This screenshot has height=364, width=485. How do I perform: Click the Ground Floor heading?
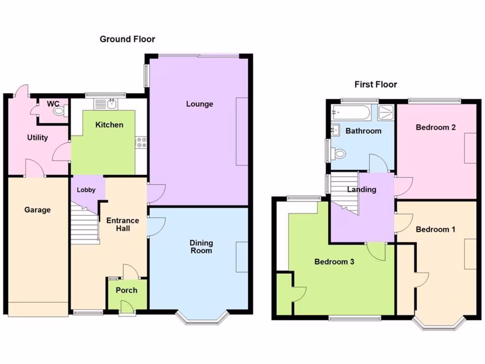(127, 39)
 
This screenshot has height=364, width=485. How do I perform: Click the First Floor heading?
(376, 84)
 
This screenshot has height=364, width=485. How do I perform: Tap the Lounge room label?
(199, 104)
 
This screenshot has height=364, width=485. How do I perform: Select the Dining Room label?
(201, 246)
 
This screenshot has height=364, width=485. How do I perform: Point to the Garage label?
(37, 209)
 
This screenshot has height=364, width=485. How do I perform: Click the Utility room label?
(37, 137)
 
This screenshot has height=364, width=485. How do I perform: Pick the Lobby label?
(86, 190)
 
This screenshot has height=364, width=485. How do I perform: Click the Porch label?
(126, 290)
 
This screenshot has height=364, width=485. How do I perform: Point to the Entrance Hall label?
(122, 224)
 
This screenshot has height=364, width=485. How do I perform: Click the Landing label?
(361, 190)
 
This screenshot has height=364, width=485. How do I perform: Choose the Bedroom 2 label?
(435, 127)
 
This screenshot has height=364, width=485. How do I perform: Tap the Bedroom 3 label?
(334, 261)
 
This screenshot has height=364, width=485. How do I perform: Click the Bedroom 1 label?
(435, 229)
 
